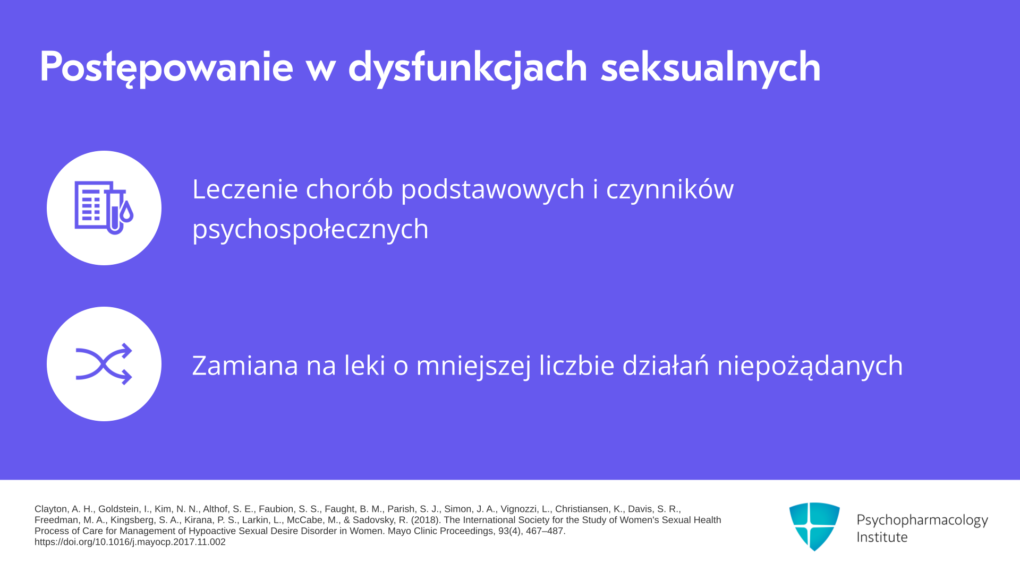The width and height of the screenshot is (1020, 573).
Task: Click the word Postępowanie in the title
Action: [x=166, y=68]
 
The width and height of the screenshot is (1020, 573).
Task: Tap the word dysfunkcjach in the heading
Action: [x=467, y=68]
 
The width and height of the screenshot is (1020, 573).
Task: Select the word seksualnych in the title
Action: [x=711, y=68]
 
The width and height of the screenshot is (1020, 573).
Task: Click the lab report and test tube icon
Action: [x=104, y=207]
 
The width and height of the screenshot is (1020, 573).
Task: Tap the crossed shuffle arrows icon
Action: [x=104, y=364]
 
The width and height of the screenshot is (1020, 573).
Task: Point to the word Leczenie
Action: [x=245, y=189]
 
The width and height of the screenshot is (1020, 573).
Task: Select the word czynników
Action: [x=669, y=190]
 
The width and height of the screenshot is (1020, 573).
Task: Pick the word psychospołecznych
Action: [x=310, y=229]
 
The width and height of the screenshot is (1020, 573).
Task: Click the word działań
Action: [x=666, y=365]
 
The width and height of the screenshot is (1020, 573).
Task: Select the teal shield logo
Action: [x=814, y=526]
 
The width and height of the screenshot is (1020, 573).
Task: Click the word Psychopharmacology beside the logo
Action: [x=922, y=520]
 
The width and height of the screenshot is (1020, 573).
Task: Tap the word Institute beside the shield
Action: [x=882, y=537]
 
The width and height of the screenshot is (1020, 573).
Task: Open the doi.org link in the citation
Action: [x=130, y=542]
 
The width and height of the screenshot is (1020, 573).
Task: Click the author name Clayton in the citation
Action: [x=52, y=509]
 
